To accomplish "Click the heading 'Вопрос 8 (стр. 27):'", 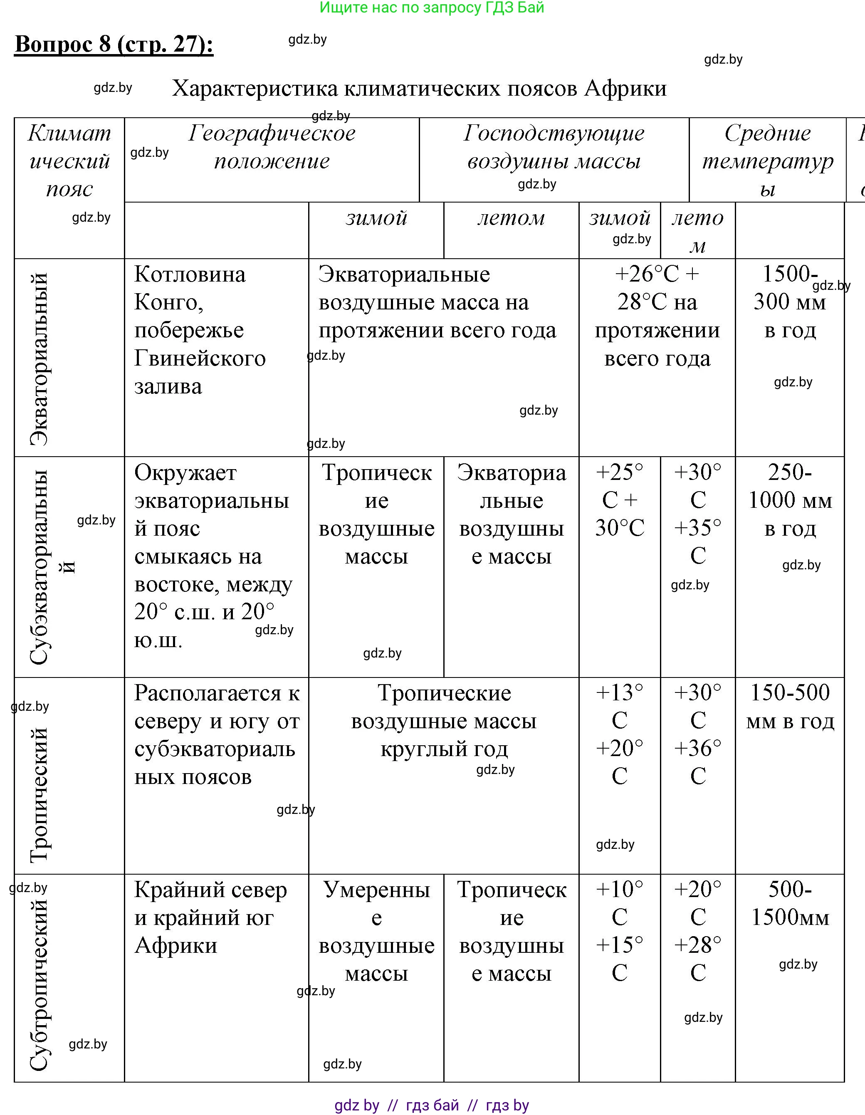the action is [x=114, y=45].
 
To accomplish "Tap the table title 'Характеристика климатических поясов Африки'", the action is [x=419, y=88].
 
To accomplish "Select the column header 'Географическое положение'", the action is [x=272, y=148].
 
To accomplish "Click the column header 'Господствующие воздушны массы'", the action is [x=554, y=148].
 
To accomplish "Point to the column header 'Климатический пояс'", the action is [x=69, y=161].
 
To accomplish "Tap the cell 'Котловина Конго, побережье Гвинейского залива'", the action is [x=200, y=330].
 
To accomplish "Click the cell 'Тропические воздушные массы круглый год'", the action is [x=444, y=721].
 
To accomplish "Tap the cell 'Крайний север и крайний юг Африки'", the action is [x=210, y=918].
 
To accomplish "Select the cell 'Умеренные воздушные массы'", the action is [x=376, y=932].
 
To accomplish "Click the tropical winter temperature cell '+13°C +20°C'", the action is [x=619, y=734].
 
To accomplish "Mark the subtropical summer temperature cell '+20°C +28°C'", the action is [x=697, y=932].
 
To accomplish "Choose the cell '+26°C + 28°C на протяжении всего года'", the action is [x=657, y=316].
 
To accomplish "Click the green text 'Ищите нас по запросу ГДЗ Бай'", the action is [x=432, y=7].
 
